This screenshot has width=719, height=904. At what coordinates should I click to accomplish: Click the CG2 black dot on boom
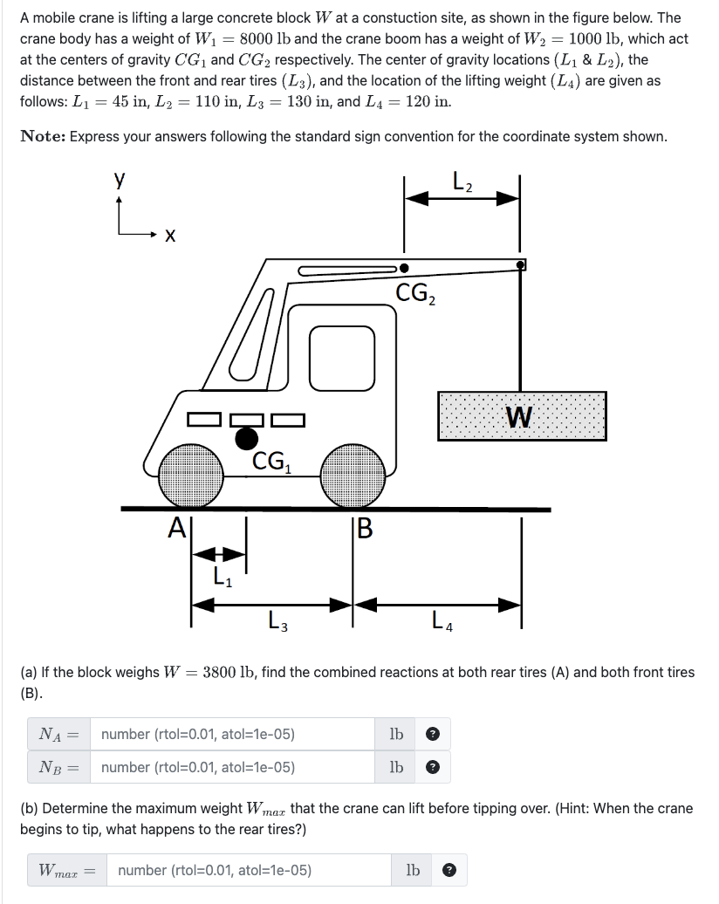(x=404, y=270)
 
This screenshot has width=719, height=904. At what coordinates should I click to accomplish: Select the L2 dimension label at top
(x=462, y=185)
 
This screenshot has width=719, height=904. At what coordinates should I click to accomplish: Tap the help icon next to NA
(x=432, y=735)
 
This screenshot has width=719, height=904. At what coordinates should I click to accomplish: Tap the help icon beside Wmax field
(x=449, y=870)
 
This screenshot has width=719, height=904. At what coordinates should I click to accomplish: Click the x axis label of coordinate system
(x=171, y=236)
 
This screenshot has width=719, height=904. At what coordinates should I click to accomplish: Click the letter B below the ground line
(x=365, y=527)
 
